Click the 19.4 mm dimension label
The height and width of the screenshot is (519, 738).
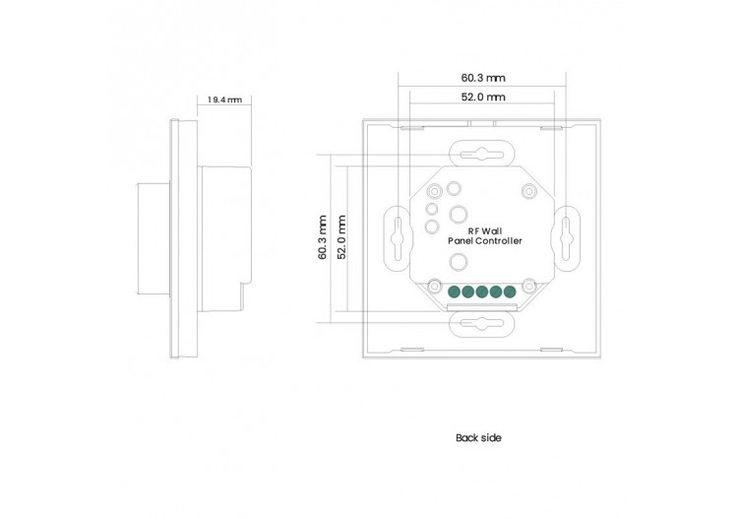(x=224, y=99)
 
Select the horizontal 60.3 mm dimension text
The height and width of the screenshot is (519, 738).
(x=482, y=78)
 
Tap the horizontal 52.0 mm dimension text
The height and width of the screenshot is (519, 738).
(x=482, y=97)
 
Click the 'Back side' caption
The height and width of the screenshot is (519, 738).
(x=478, y=437)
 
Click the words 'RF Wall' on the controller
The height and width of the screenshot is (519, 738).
(x=484, y=229)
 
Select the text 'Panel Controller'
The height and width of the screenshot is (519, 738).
(x=484, y=241)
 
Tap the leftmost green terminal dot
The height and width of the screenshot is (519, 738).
(x=455, y=292)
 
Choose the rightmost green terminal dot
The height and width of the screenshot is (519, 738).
(x=509, y=292)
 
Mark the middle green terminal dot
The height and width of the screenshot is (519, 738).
(x=482, y=292)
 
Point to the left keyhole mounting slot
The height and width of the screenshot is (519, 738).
(x=395, y=236)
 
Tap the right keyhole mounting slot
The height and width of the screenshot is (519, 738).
(x=569, y=236)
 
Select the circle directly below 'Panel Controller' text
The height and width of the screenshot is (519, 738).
(x=459, y=262)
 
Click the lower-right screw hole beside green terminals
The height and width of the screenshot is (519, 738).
(x=528, y=287)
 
